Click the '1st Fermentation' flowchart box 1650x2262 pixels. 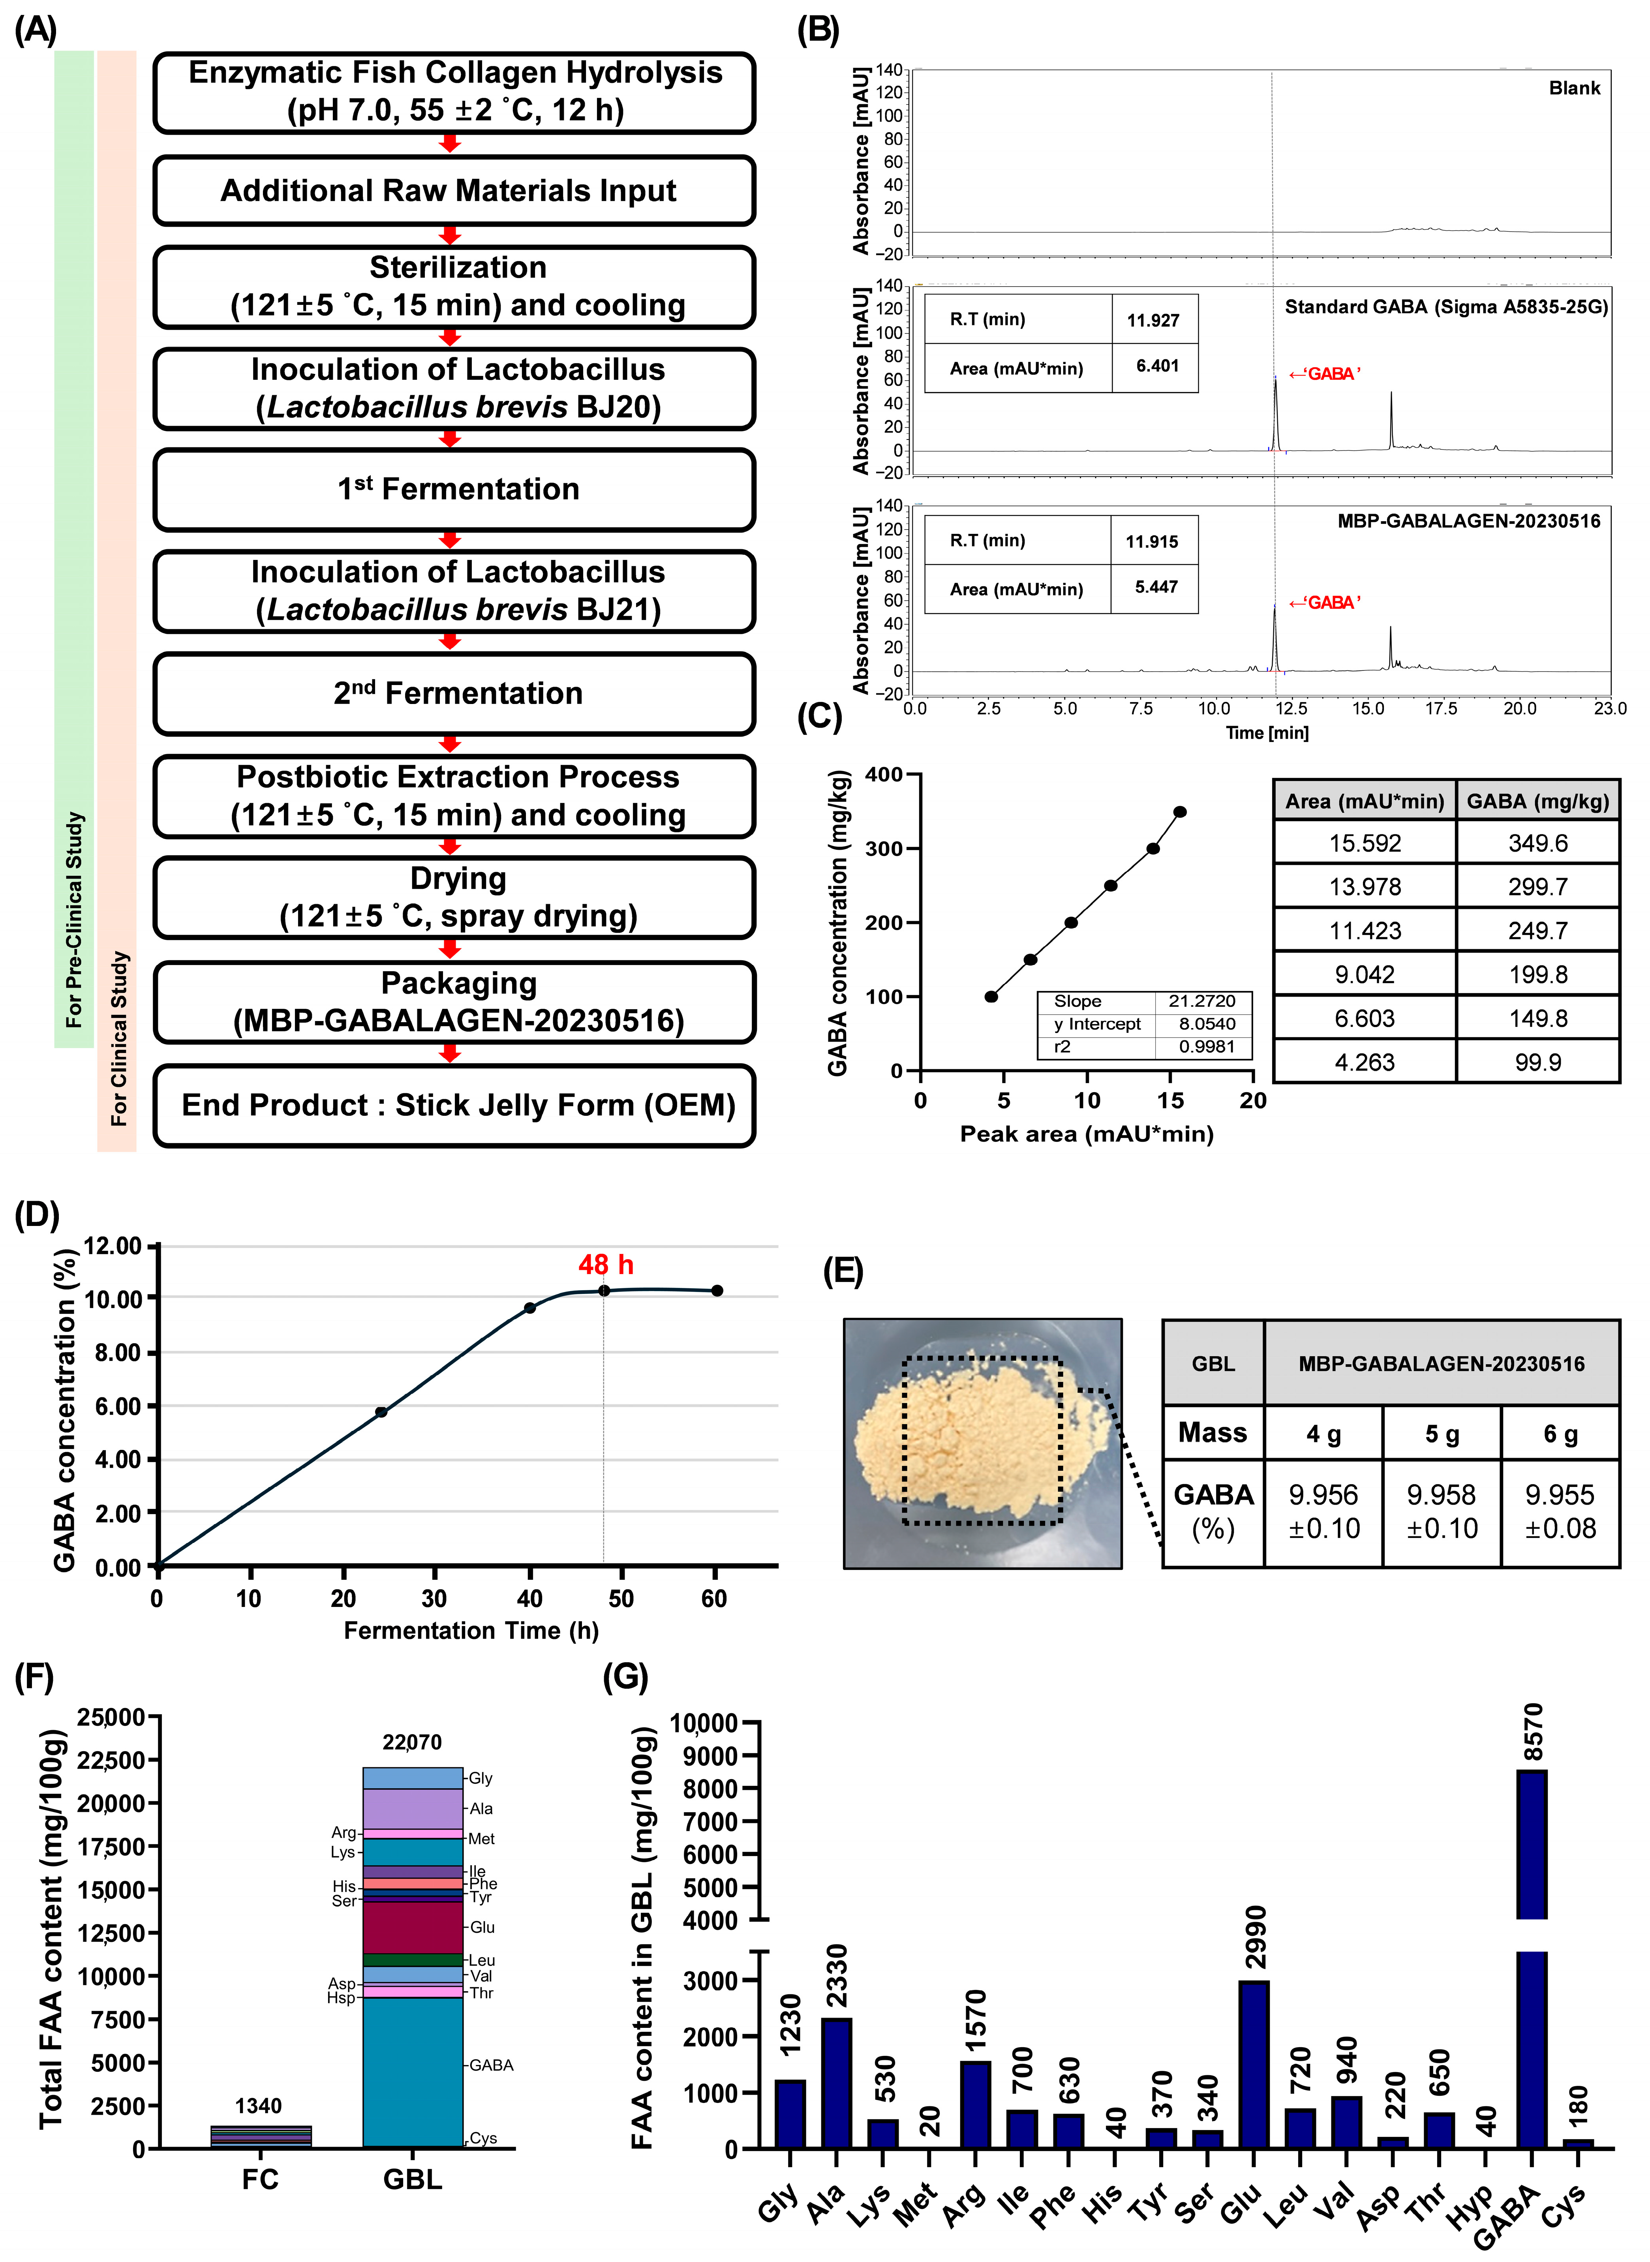[454, 489]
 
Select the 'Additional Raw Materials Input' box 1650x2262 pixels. [454, 191]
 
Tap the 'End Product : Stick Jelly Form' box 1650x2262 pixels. [454, 1106]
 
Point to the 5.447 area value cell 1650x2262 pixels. [1156, 587]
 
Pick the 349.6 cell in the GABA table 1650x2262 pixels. [1537, 843]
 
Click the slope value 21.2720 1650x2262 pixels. [1201, 1001]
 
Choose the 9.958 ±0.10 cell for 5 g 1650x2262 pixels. [1441, 1511]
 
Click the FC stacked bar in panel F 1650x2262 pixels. [261, 2136]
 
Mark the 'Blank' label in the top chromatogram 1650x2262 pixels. [1574, 88]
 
